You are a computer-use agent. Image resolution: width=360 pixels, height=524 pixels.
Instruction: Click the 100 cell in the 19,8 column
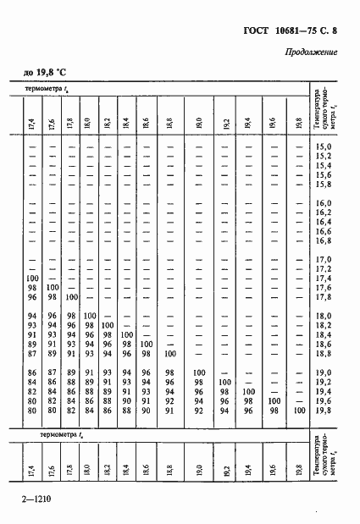pos(298,410)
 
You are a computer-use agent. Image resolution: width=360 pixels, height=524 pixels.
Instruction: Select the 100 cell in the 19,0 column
pos(200,372)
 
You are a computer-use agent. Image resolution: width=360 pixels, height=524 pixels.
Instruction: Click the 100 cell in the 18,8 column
pos(170,353)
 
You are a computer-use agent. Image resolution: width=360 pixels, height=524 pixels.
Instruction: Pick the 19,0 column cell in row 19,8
pos(200,410)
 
